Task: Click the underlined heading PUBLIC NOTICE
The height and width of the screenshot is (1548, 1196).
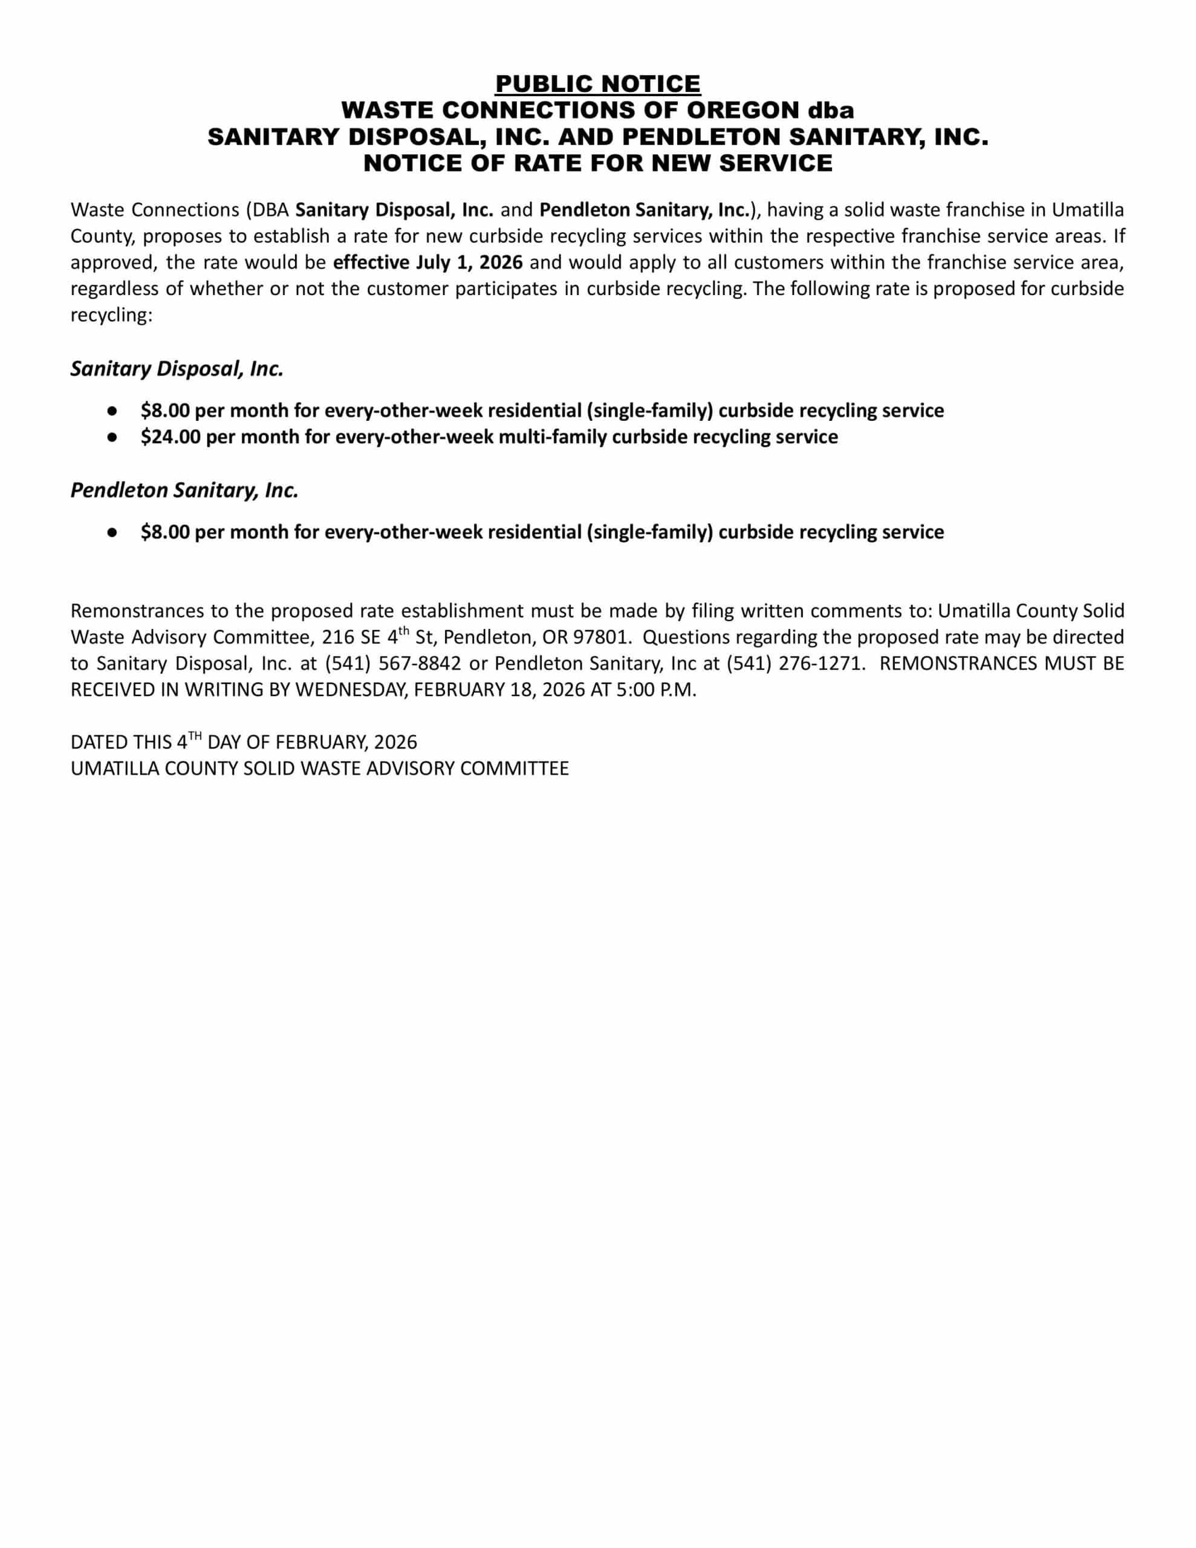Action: pos(597,83)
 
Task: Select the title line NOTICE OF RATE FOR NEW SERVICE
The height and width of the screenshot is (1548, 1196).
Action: pos(597,163)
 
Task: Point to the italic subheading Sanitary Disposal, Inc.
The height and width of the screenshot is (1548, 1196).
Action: pos(177,369)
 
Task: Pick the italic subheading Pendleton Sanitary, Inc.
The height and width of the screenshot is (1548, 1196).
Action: pos(184,490)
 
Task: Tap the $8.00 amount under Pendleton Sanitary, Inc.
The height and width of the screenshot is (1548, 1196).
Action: pos(164,532)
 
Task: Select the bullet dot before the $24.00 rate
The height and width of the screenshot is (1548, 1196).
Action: pos(112,437)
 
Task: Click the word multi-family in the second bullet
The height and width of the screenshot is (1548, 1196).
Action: pos(552,437)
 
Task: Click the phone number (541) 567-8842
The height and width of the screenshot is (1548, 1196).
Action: pos(393,663)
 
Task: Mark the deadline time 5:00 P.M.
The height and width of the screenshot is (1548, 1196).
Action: pos(657,690)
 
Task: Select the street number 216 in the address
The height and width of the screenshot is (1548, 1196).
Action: pos(337,637)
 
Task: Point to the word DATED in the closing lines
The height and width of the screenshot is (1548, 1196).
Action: pos(95,742)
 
